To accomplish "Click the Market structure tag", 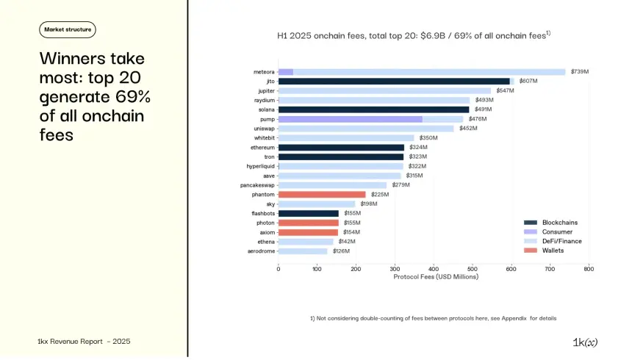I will tap(67, 29).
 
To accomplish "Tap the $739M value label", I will tap(578, 72).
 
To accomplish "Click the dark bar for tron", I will tap(341, 156).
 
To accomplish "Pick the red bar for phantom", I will tap(322, 194).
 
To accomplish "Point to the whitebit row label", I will tap(264, 137).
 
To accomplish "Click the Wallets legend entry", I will tap(553, 251).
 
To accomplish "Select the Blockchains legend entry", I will tap(559, 223).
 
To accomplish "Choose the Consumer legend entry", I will tap(556, 231).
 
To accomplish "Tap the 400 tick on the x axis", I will tap(434, 269).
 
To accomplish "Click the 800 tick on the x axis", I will tap(589, 269).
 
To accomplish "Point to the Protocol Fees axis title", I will tap(436, 277).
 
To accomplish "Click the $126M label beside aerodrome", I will tap(341, 251).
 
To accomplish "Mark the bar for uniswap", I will tap(366, 128).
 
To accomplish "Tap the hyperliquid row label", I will tap(260, 166).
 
